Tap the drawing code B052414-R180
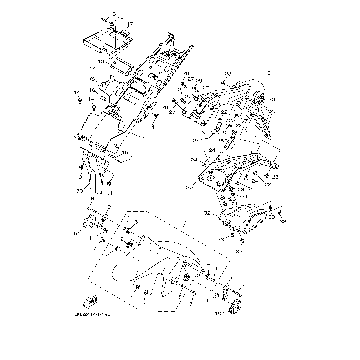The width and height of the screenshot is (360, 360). [x=93, y=314]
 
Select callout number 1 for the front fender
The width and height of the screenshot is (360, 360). [x=187, y=217]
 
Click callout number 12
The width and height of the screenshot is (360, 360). [x=141, y=137]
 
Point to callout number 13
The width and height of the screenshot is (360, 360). [x=101, y=62]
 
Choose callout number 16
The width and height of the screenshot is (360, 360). [x=92, y=90]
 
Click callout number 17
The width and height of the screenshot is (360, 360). [x=130, y=24]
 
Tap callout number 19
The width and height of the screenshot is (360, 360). [x=267, y=73]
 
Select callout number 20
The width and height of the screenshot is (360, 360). [x=189, y=187]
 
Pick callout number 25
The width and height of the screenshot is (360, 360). [x=220, y=141]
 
